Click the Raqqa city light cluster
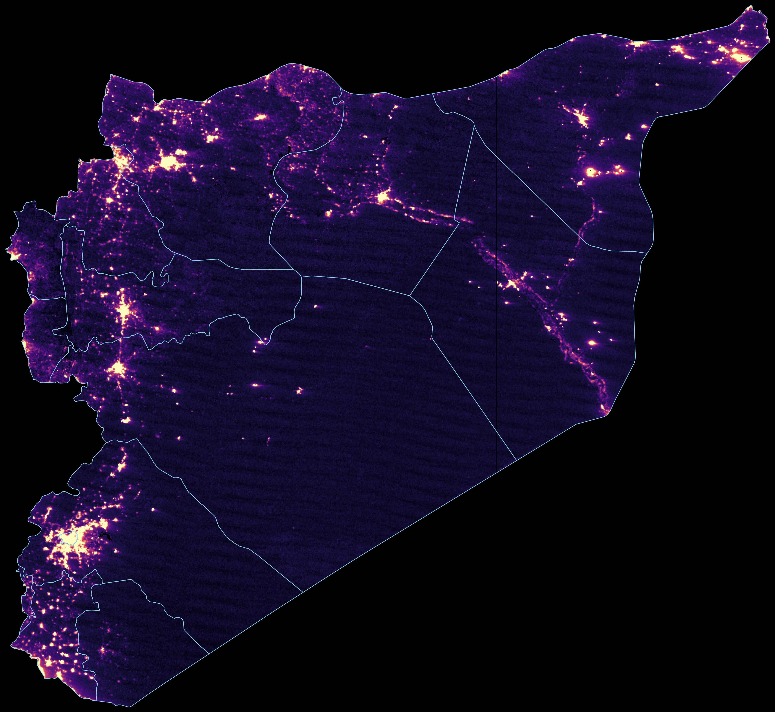pos(382,198)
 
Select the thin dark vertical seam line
pos(496,347)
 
